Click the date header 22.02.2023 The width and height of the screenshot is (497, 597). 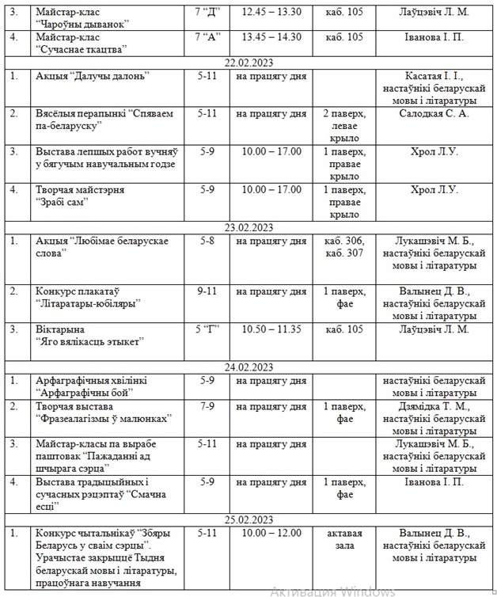coord(248,63)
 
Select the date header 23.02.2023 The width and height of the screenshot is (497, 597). coord(248,227)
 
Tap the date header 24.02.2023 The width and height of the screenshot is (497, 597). coord(248,367)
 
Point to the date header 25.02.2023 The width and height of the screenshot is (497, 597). coord(248,519)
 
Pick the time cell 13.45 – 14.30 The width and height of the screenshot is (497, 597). coord(271,36)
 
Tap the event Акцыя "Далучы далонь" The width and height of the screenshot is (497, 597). coord(93,75)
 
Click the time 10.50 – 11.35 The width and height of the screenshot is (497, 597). coord(271,329)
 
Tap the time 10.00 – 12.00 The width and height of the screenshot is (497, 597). coord(271,532)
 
